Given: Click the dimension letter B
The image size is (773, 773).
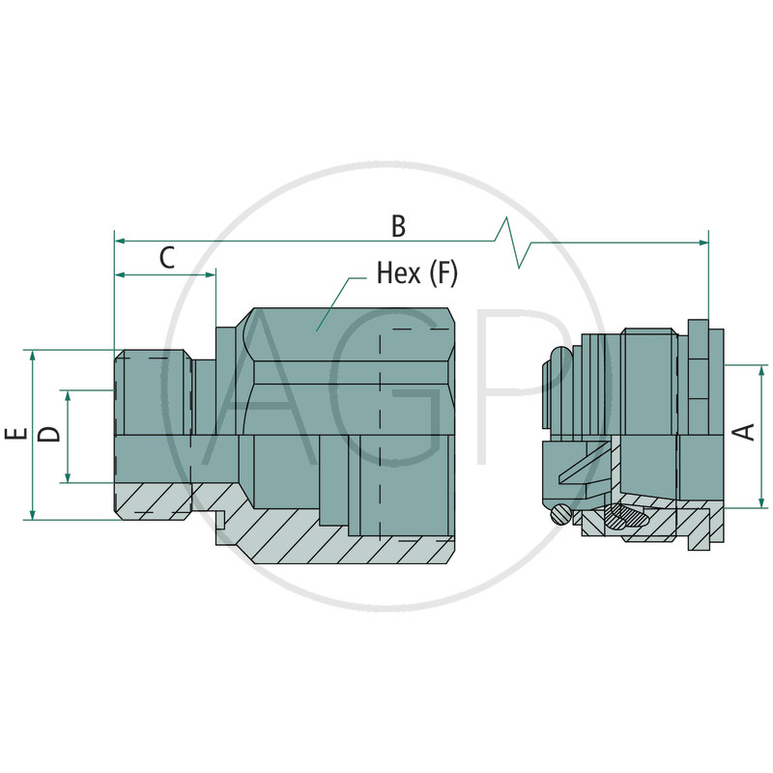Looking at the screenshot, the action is (398, 226).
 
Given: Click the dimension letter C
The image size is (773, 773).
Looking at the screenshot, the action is (167, 257).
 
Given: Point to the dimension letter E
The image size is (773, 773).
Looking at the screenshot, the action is (15, 434).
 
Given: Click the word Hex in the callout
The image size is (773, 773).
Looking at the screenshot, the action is (399, 272).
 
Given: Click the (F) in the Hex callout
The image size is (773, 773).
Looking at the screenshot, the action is (444, 273).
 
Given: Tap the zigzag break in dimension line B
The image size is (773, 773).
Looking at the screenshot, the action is (512, 243).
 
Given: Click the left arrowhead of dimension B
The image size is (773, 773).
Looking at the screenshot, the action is (119, 241).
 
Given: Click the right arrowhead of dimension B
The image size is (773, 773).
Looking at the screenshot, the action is (703, 243).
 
